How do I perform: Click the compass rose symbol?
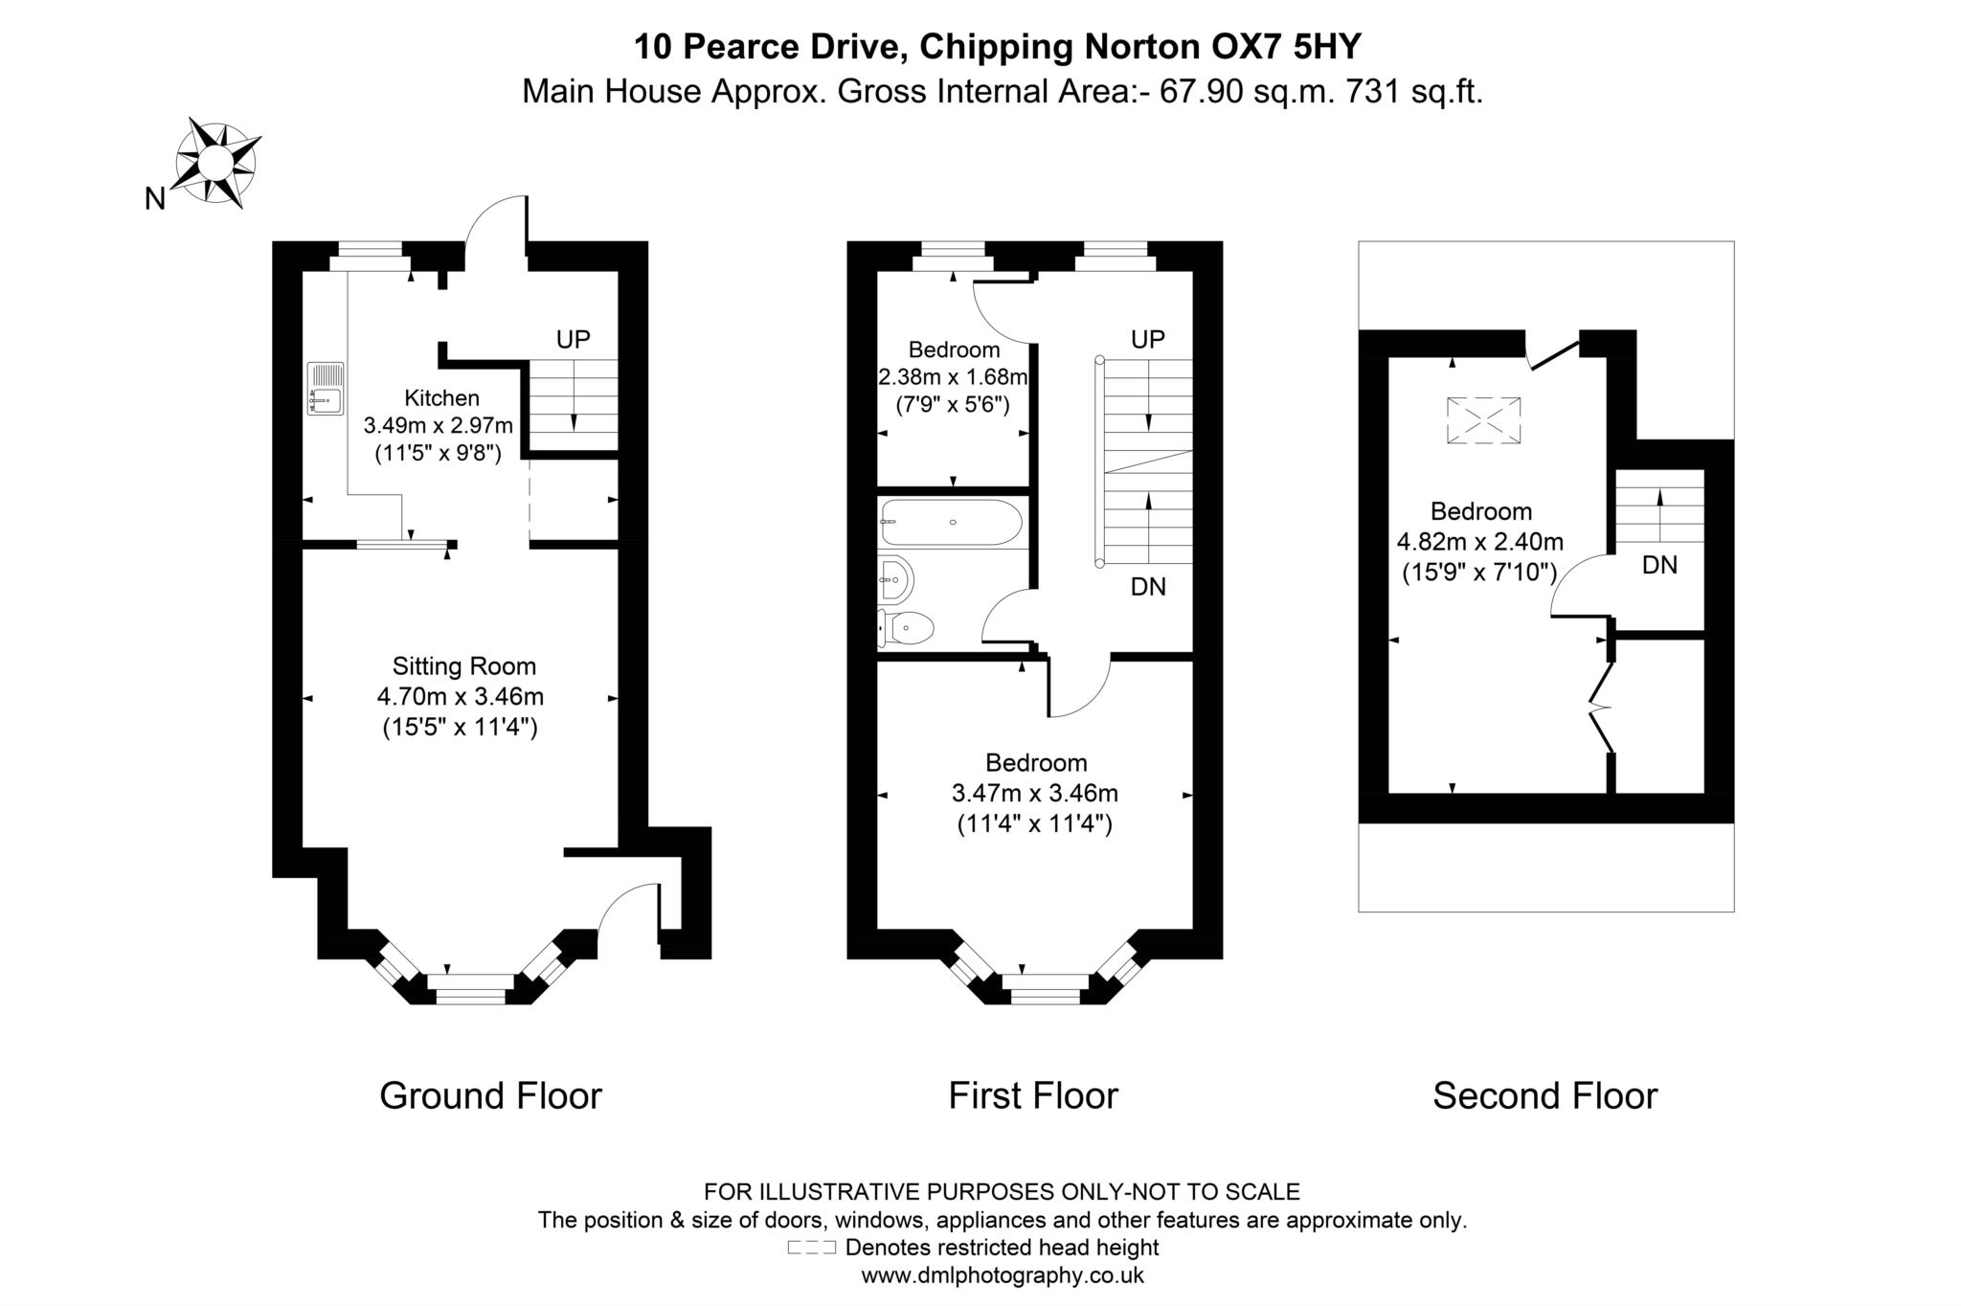[x=216, y=164]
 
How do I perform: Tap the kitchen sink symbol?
[x=326, y=388]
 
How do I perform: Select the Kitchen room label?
[x=441, y=398]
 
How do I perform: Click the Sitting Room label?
[x=463, y=666]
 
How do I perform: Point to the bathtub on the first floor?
[x=951, y=523]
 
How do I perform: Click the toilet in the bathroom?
[x=907, y=629]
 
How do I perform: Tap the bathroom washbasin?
[x=896, y=578]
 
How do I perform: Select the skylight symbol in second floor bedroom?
[x=1483, y=420]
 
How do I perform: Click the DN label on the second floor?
[x=1659, y=566]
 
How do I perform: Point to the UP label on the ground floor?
[x=573, y=339]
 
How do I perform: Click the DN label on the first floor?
[x=1148, y=587]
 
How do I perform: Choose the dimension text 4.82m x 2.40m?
[x=1479, y=542]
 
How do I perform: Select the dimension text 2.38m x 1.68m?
[x=953, y=377]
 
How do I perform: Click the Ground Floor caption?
[x=490, y=1095]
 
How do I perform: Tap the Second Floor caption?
[x=1544, y=1095]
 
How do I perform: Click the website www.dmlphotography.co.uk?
[x=1003, y=1275]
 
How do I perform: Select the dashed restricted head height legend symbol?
[x=811, y=1248]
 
